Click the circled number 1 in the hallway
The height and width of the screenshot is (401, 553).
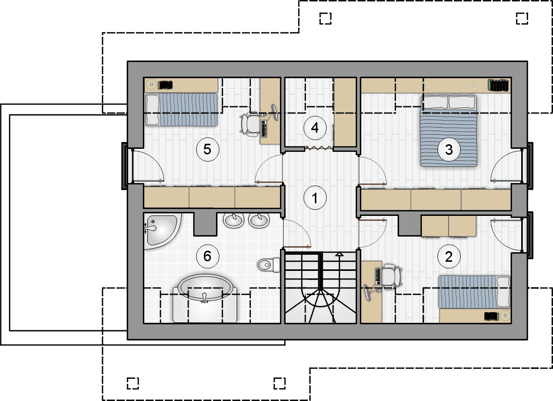(x=315, y=198)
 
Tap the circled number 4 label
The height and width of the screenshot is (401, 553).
(x=315, y=127)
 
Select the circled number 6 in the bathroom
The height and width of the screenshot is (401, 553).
(x=207, y=256)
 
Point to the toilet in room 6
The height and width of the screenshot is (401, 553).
(x=268, y=264)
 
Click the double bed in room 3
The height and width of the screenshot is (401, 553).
(x=449, y=131)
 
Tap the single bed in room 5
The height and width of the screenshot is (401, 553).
(x=182, y=109)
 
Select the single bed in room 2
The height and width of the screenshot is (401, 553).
(x=474, y=292)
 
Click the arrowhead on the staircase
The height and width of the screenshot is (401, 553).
(x=339, y=254)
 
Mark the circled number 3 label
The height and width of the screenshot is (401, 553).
(x=449, y=149)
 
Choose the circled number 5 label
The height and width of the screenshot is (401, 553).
(x=207, y=149)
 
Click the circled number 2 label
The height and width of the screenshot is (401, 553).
(x=449, y=256)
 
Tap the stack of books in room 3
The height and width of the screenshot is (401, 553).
(x=498, y=85)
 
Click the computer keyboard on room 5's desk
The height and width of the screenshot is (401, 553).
(x=264, y=129)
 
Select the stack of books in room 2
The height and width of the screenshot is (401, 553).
(x=491, y=316)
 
